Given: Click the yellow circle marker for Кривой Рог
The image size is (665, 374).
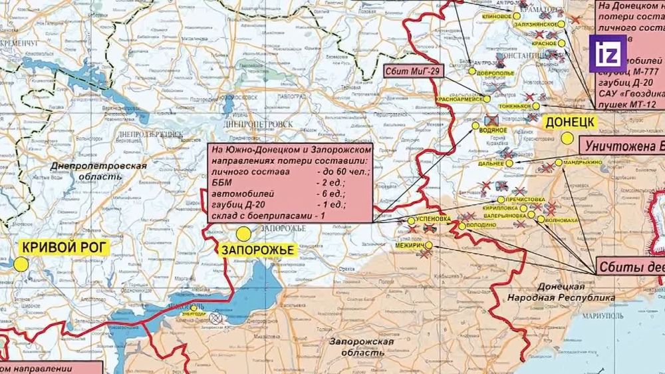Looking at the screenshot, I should (21, 264).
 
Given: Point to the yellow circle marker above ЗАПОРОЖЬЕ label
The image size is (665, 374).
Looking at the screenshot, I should (243, 234).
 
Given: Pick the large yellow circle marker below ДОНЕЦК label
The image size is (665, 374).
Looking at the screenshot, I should (567, 138).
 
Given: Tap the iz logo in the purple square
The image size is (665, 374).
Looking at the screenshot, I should (609, 52).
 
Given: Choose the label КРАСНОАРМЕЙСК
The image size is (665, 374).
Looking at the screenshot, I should (458, 99).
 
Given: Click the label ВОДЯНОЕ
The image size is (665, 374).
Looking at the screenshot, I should (492, 130).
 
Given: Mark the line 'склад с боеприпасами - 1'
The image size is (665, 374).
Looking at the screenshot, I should (267, 216).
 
